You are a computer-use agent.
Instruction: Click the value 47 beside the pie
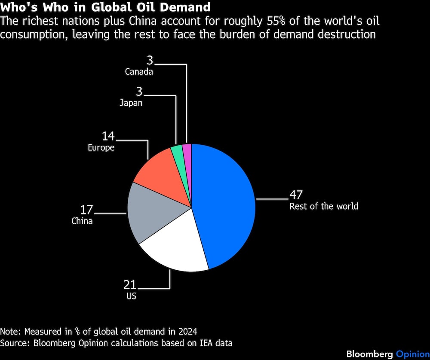pos(296,195)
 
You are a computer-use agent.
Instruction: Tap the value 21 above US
pos(130,284)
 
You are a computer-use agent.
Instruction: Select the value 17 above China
pos(86,210)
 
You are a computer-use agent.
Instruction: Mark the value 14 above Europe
pos(108,136)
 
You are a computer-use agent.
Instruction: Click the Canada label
pos(139,72)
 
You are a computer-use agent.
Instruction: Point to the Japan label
pos(131,103)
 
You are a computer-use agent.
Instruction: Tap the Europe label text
pos(101,147)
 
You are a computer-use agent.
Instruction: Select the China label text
pos(82,221)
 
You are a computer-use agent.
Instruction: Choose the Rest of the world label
pos(324,206)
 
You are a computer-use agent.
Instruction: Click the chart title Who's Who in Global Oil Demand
pos(105,7)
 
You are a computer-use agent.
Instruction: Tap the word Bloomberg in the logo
pos(370,354)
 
